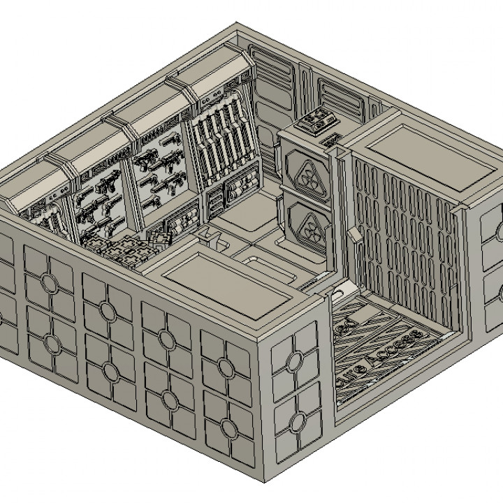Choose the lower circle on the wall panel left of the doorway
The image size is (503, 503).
[296, 420]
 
